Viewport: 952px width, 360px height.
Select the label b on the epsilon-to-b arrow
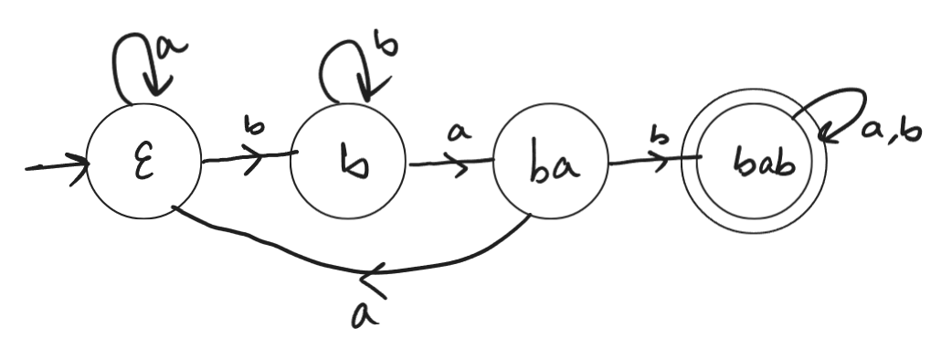click(x=248, y=127)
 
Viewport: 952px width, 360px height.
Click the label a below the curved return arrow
click(x=365, y=313)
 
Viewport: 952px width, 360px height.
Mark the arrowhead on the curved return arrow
click(x=376, y=271)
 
